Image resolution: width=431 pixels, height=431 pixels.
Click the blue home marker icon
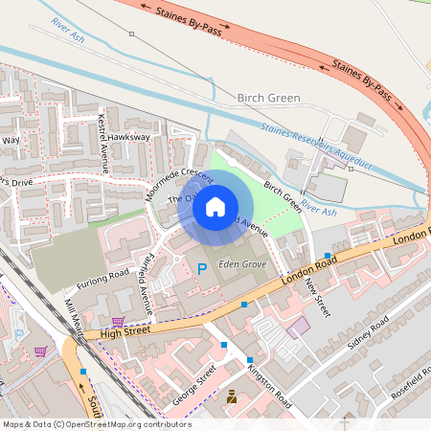pos(215,207)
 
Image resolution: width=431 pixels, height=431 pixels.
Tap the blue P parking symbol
pos(201,270)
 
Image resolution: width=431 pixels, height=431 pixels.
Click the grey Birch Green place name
pos(268,98)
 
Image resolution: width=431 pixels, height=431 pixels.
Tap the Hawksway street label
pos(129,138)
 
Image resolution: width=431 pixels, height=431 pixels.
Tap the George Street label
pos(195,382)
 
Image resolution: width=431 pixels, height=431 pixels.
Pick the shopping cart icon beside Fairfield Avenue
pos(118,322)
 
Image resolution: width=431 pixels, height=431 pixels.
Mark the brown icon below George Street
pos(231,396)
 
